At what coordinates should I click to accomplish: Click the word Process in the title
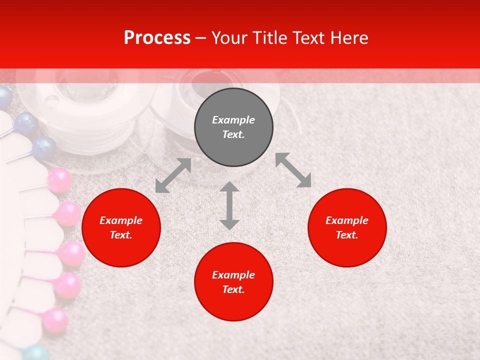pos(157,38)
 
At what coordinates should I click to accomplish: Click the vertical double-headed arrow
pos(229,205)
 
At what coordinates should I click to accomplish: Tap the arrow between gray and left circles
pos(173,175)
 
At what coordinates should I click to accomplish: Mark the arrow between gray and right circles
pos(293,170)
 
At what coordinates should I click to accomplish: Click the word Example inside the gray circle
pos(233,120)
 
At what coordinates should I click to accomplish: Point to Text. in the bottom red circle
pos(233,289)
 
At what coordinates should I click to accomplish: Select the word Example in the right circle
pos(347,220)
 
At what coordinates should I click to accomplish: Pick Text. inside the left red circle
pos(121,235)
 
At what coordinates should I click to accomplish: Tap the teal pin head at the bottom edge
pos(36,353)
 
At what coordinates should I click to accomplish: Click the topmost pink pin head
pos(59,180)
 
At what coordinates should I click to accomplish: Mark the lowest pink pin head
pos(54,320)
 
